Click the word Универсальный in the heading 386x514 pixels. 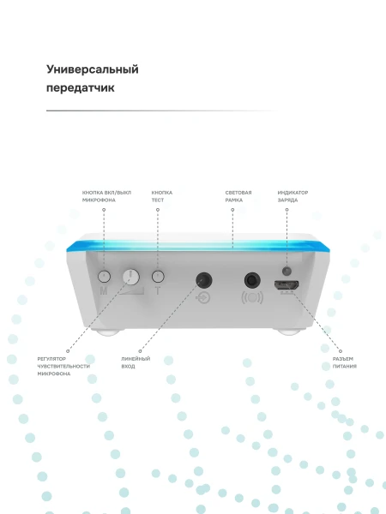point(93,70)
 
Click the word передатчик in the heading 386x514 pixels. point(80,88)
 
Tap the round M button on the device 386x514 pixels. point(104,277)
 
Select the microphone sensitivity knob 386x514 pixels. point(130,277)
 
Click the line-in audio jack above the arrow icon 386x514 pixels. point(203,280)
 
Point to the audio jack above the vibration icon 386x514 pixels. point(252,281)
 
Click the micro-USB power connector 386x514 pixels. point(286,285)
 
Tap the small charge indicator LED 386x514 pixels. point(286,271)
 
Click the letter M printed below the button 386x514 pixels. point(104,290)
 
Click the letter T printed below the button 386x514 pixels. point(158,290)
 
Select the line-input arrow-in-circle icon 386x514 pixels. point(202,298)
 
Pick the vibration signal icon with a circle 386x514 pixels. point(252,297)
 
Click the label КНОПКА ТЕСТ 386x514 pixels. point(162,196)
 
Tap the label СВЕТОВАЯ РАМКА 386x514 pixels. point(238,196)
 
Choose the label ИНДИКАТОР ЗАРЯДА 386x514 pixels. point(293,196)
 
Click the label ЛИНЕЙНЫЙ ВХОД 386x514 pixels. point(136,362)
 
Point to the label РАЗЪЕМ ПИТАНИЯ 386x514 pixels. point(344,362)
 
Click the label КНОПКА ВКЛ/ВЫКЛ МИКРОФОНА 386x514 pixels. point(106,196)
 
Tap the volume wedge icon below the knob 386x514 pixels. point(131,291)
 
